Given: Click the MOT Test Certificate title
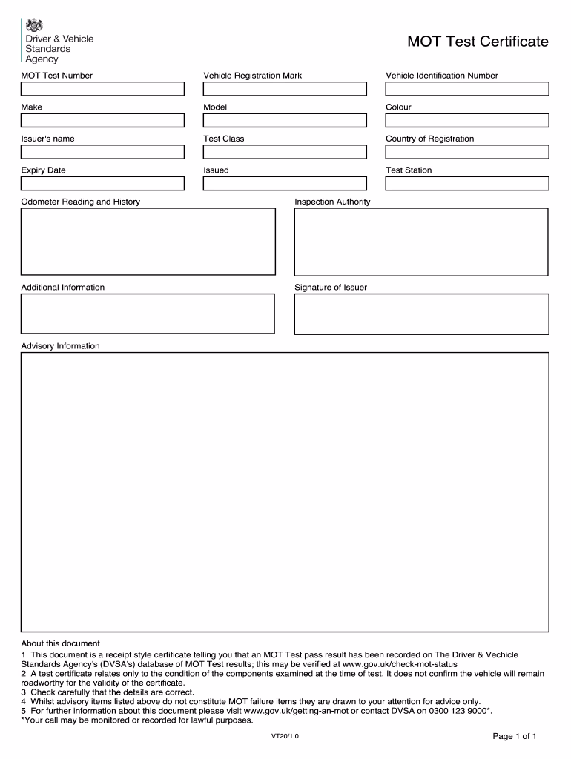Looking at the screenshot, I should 478,42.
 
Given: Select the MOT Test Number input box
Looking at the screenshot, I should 102,89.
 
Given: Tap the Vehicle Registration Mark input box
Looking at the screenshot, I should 285,89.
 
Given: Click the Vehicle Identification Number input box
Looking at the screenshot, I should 467,89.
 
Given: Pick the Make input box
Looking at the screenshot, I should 102,120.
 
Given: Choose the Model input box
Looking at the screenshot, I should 285,120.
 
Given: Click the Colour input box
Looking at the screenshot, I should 467,120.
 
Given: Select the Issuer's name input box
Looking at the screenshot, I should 102,152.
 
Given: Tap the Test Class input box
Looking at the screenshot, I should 285,152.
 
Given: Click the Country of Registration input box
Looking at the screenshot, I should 467,152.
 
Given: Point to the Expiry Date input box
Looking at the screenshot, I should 102,183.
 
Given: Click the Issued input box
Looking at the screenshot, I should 285,183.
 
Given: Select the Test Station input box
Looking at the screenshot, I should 467,183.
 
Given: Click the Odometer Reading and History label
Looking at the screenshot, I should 80,202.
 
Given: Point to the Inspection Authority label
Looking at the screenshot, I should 332,202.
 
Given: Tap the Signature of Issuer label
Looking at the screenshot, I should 331,288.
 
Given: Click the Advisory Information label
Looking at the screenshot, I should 60,346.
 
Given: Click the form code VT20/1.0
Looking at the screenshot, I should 285,737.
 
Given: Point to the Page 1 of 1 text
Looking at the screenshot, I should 515,736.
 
